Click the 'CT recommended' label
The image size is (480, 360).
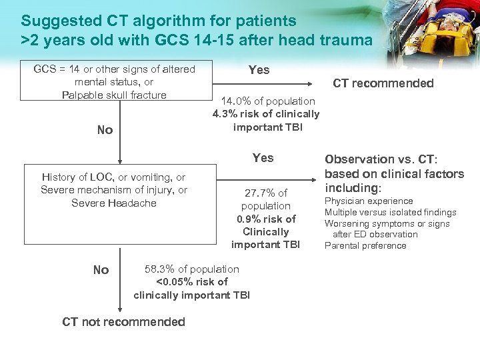[x=383, y=83]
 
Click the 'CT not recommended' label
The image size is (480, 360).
[x=123, y=322]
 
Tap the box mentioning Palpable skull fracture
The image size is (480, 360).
[x=114, y=81]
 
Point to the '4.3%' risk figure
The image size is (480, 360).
[x=225, y=113]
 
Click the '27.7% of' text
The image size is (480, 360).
[x=266, y=193]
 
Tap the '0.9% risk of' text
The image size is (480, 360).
[x=266, y=219]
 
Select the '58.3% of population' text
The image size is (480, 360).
[x=191, y=269]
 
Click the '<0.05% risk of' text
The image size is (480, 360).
[x=191, y=282]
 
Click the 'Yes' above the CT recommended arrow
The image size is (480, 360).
[x=259, y=70]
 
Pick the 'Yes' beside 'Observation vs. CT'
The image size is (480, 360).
[x=263, y=158]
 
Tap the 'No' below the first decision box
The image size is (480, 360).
[x=105, y=130]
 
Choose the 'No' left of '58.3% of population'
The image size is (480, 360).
[x=101, y=270]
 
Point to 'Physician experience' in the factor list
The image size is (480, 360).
[x=369, y=201]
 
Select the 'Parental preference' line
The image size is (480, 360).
[x=365, y=245]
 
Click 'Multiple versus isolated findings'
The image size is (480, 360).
[x=390, y=212]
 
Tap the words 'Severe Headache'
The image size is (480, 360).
[x=113, y=203]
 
